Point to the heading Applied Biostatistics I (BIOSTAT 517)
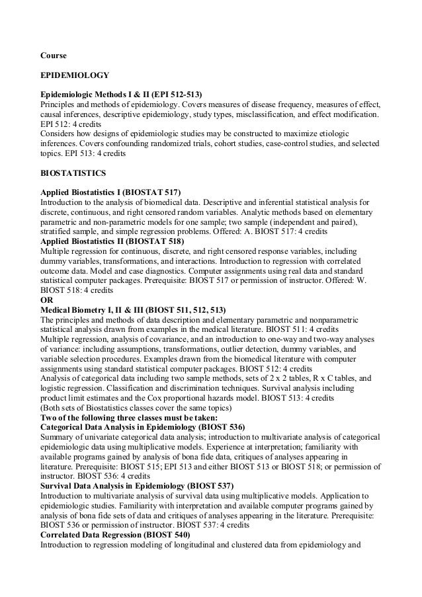[x=110, y=191]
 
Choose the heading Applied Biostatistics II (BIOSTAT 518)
[x=112, y=242]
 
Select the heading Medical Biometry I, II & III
[x=133, y=309]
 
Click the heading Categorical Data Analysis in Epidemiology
[x=142, y=427]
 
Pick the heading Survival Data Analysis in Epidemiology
[x=136, y=485]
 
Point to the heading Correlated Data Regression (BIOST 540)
[x=115, y=534]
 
